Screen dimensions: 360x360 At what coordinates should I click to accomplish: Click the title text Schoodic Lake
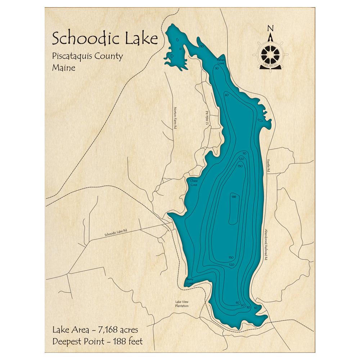tap(105, 38)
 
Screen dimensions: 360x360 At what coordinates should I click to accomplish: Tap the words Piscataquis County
tap(87, 57)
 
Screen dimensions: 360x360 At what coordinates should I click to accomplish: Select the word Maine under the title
tap(64, 67)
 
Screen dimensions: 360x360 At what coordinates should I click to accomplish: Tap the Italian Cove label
tap(220, 62)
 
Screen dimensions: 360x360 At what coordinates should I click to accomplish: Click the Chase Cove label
tap(194, 183)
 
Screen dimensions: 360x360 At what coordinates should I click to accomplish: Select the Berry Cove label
tap(190, 281)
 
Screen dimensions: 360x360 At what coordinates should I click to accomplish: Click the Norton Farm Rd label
tap(176, 118)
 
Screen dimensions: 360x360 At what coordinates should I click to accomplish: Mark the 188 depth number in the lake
tap(234, 197)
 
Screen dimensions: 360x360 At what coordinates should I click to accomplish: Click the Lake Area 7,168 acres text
tap(95, 329)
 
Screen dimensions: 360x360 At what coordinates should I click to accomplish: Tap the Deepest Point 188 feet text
tap(98, 341)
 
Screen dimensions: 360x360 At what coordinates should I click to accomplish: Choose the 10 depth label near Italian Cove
tap(202, 46)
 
